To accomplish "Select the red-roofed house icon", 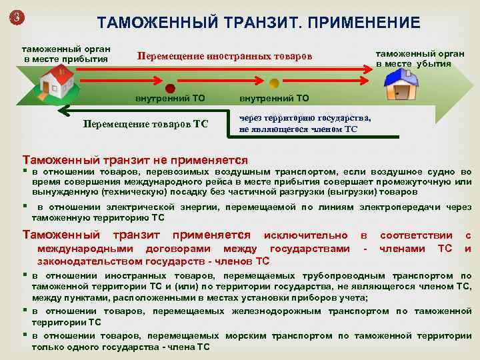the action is coord(57,81).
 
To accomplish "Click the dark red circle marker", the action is coord(170,88).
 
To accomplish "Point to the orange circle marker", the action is coord(274,84).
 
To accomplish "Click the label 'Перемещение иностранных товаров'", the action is coord(225,55).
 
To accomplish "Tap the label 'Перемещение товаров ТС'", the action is coord(145,124).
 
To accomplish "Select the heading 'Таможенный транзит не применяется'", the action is coord(135,160).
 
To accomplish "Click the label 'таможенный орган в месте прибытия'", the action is coord(67,53).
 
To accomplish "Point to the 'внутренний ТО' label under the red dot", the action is coord(171,98).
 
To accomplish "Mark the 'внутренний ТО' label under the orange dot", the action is coord(275,98).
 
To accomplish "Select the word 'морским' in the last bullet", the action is coord(245,336).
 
